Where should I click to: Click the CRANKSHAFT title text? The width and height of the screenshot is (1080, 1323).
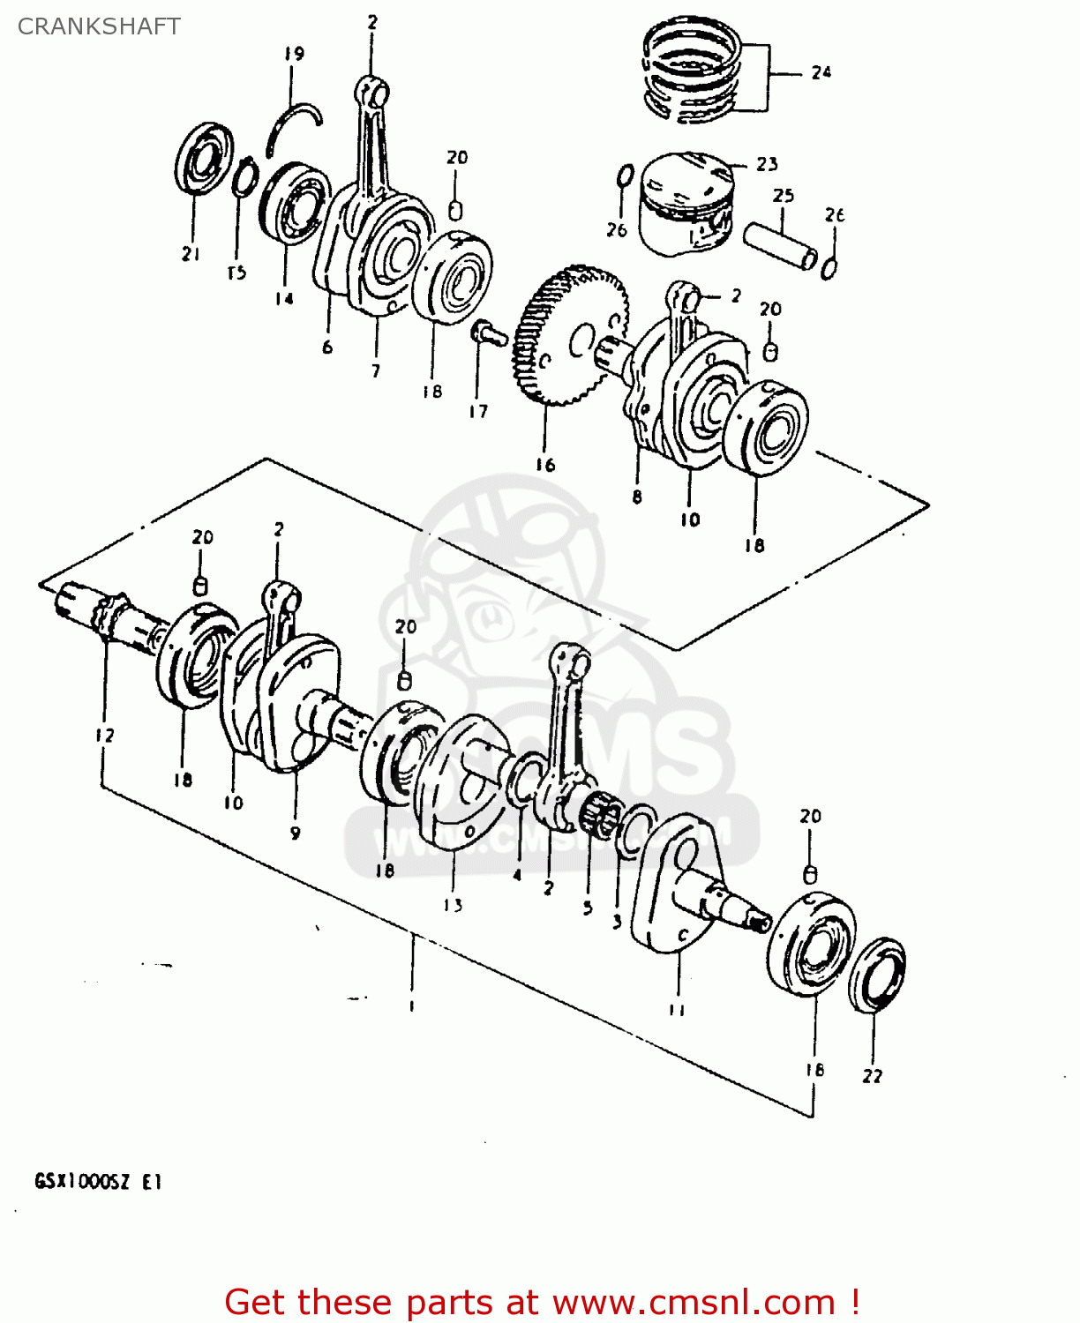pyautogui.click(x=99, y=26)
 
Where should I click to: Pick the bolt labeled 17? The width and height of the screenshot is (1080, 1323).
pyautogui.click(x=486, y=333)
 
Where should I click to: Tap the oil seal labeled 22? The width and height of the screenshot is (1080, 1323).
pyautogui.click(x=876, y=975)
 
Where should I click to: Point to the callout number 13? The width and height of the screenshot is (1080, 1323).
pyautogui.click(x=453, y=905)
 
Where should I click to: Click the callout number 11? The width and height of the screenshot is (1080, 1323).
pyautogui.click(x=677, y=1010)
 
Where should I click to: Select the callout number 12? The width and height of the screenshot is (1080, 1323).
pyautogui.click(x=104, y=735)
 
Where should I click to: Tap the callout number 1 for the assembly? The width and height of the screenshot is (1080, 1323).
pyautogui.click(x=411, y=1005)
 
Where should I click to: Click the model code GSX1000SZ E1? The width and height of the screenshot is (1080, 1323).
pyautogui.click(x=98, y=1182)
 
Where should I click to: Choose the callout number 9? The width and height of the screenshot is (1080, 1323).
pyautogui.click(x=295, y=833)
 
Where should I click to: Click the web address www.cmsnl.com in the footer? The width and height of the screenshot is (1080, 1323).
pyautogui.click(x=694, y=1303)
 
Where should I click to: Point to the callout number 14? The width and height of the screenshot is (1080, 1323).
pyautogui.click(x=283, y=299)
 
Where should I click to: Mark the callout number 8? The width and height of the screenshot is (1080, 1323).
pyautogui.click(x=637, y=497)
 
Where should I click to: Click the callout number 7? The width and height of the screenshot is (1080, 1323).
pyautogui.click(x=376, y=371)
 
